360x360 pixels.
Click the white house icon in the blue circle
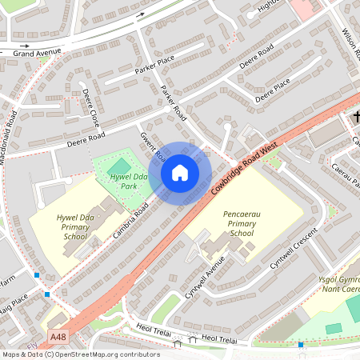point(180,173)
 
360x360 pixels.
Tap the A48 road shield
point(58,338)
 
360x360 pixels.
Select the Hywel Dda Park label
point(129,182)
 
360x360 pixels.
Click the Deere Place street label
point(272,91)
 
